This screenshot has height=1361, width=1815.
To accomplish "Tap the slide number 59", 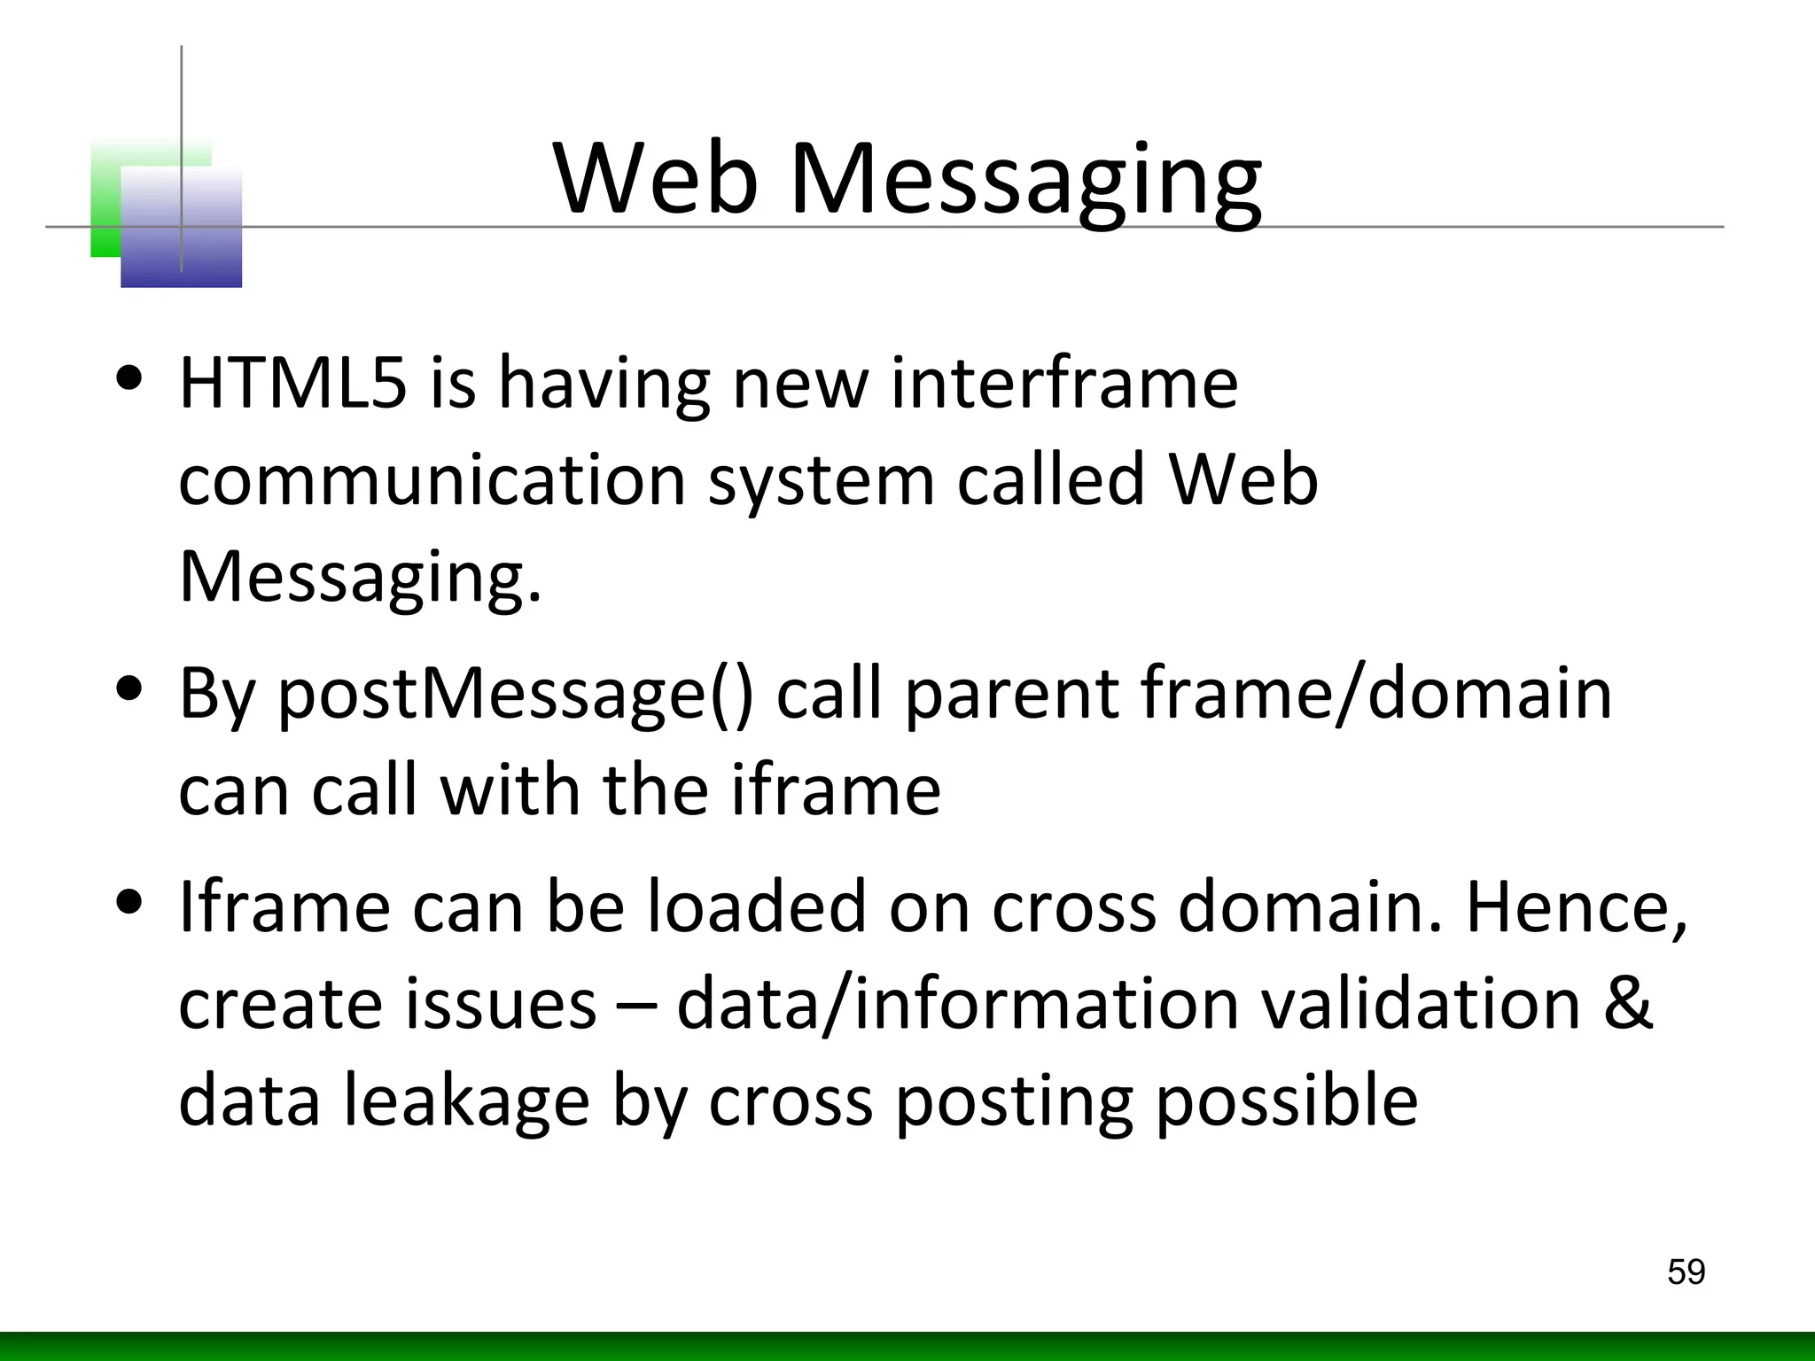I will click(1686, 1272).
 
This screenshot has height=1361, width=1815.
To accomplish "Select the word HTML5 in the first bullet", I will click(293, 383).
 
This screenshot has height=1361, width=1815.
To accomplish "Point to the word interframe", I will click(1063, 383).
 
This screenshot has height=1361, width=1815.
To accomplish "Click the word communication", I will click(432, 480).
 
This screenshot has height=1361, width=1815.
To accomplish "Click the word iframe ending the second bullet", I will click(835, 790).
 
